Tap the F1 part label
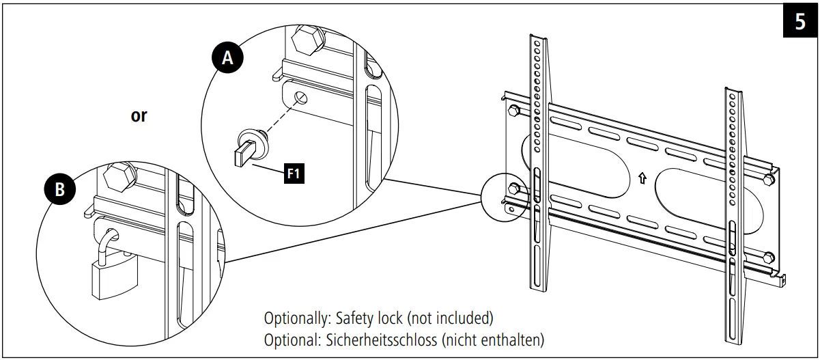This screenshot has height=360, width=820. pos(294,174)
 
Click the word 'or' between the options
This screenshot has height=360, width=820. pos(139,116)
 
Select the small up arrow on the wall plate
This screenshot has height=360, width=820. pos(641,179)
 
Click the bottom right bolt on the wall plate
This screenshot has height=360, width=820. pos(769,258)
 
